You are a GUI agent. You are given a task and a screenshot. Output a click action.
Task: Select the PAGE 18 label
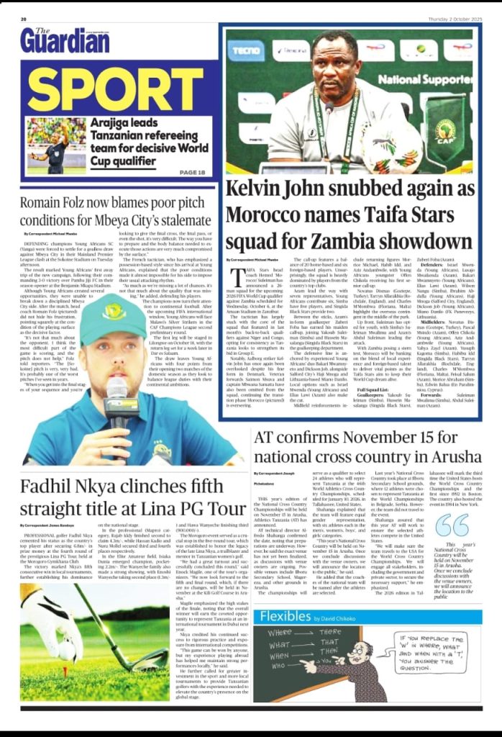tap(192, 173)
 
